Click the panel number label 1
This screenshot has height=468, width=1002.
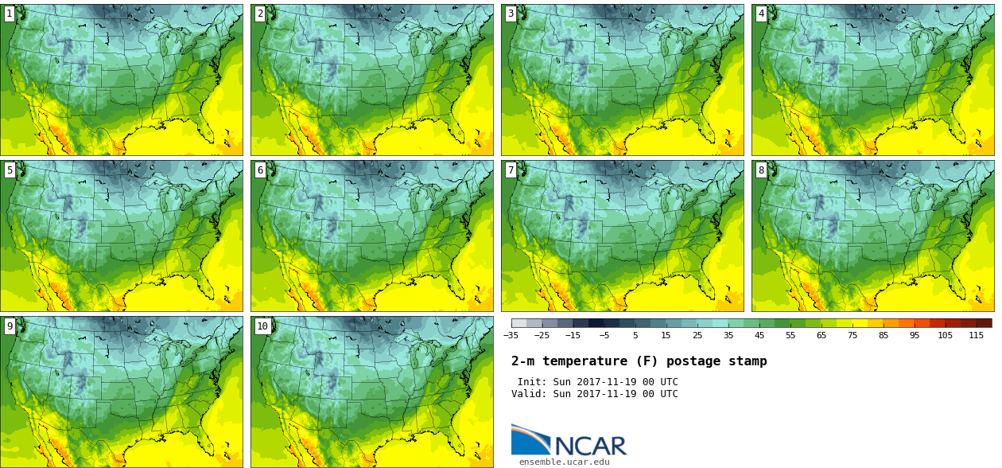coord(10,14)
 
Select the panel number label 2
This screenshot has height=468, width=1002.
coord(260,14)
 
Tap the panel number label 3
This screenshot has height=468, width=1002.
coord(511,14)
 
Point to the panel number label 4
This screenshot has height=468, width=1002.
coord(761,14)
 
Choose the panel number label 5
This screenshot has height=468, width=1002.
coord(10,170)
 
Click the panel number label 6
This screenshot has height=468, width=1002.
coord(260,170)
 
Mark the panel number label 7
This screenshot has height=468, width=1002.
coord(511,170)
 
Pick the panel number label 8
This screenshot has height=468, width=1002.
coord(761,170)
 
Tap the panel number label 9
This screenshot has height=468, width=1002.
coord(10,326)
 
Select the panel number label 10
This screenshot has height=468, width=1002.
coord(262,326)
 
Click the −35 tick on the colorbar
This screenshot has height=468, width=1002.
coord(511,335)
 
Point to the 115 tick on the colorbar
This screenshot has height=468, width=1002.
coord(977,335)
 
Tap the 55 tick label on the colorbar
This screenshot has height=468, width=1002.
coord(790,335)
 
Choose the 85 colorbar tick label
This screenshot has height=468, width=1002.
coord(884,335)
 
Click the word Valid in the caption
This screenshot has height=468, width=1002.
coord(528,394)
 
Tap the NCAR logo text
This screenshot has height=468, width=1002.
coord(590,446)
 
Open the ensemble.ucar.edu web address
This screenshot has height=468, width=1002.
coord(565,462)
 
